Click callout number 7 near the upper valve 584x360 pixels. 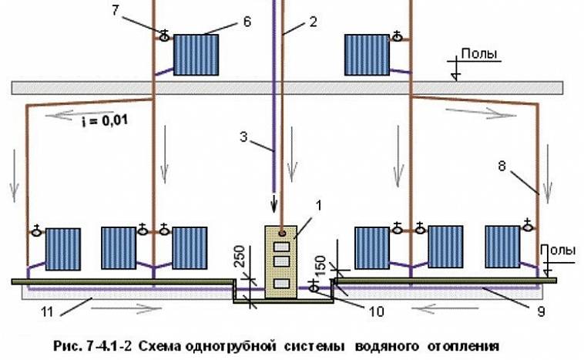(x=116, y=10)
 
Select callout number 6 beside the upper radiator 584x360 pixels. (x=247, y=22)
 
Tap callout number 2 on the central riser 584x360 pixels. (x=314, y=22)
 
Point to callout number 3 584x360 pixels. (x=243, y=136)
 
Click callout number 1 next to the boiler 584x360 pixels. (x=319, y=205)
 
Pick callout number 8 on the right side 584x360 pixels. (x=502, y=166)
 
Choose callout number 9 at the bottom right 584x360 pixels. (x=542, y=311)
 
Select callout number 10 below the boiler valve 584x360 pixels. (x=376, y=311)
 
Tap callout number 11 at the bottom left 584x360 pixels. (x=47, y=311)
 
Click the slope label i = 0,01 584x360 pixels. (x=105, y=121)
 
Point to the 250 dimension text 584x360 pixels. (x=240, y=256)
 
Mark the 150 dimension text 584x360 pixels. (x=320, y=265)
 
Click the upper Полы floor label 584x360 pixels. (x=479, y=54)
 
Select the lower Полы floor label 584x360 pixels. (x=558, y=250)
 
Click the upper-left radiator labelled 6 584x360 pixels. (x=196, y=55)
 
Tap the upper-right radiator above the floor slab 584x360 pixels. (x=367, y=55)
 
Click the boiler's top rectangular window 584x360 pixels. (x=281, y=247)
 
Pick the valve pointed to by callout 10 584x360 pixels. (x=314, y=288)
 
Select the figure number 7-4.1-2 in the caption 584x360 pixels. (x=109, y=346)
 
